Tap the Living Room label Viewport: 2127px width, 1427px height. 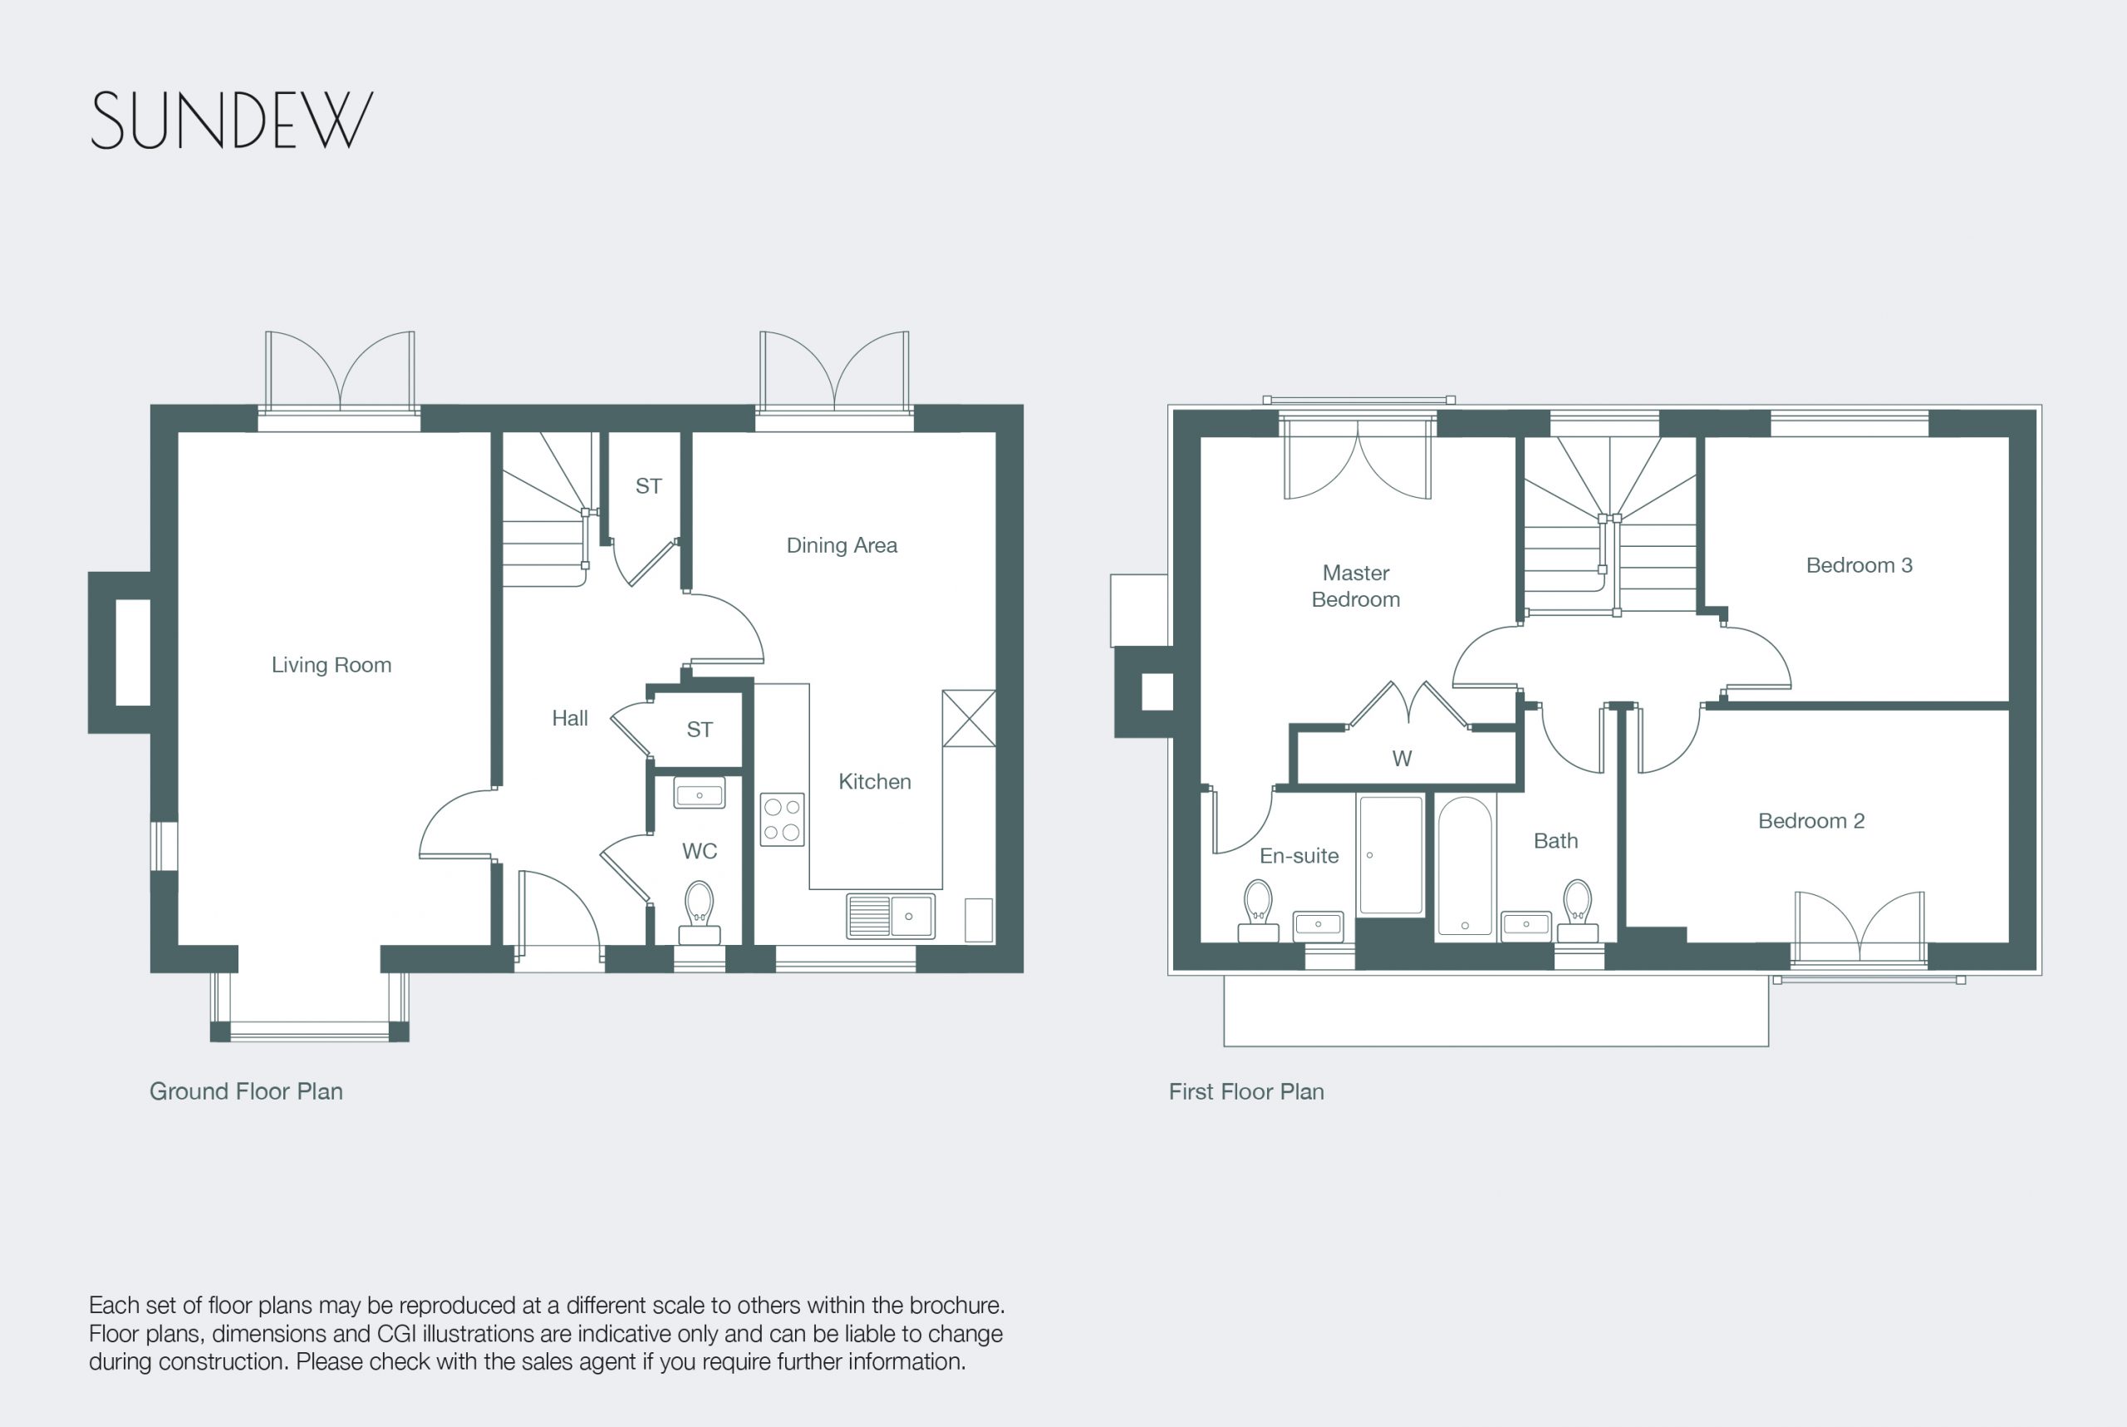[x=332, y=665]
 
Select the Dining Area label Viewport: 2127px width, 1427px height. [x=842, y=545]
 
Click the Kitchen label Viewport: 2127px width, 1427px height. [x=874, y=782]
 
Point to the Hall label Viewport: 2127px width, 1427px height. [x=569, y=718]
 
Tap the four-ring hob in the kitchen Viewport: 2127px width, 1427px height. [x=782, y=819]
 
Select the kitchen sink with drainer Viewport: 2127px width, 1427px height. [x=891, y=916]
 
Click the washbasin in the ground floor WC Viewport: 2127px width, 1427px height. [x=699, y=793]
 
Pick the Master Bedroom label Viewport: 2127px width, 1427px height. [x=1355, y=586]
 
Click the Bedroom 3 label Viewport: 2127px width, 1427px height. [x=1859, y=565]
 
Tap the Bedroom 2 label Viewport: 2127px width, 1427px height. [x=1811, y=821]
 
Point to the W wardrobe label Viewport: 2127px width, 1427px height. [x=1402, y=758]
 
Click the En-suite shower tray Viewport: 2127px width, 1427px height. [x=1390, y=854]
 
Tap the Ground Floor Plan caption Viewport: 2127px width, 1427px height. [x=246, y=1091]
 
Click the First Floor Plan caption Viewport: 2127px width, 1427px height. [x=1246, y=1091]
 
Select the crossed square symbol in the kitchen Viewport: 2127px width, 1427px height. [x=969, y=718]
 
